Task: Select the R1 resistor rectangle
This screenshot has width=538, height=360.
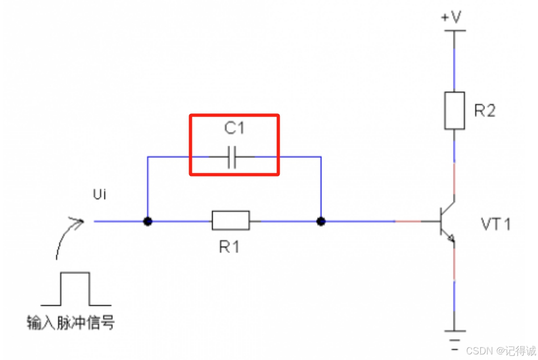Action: (230, 221)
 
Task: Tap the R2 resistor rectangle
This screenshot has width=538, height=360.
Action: (454, 111)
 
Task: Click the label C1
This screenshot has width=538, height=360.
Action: (234, 129)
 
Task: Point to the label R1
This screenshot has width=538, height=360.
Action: (230, 247)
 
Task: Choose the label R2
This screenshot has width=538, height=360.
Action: (485, 111)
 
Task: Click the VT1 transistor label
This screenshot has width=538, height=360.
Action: (496, 225)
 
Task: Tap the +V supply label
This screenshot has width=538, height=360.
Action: (451, 17)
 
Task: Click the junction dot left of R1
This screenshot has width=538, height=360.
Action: (148, 221)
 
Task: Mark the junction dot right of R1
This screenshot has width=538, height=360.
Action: (321, 221)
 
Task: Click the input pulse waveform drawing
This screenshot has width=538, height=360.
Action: (75, 289)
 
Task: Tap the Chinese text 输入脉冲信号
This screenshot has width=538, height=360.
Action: (71, 322)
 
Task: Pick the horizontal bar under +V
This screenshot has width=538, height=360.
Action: (453, 31)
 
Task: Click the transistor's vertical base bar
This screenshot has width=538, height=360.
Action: (440, 221)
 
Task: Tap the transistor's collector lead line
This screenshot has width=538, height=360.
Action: (448, 207)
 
